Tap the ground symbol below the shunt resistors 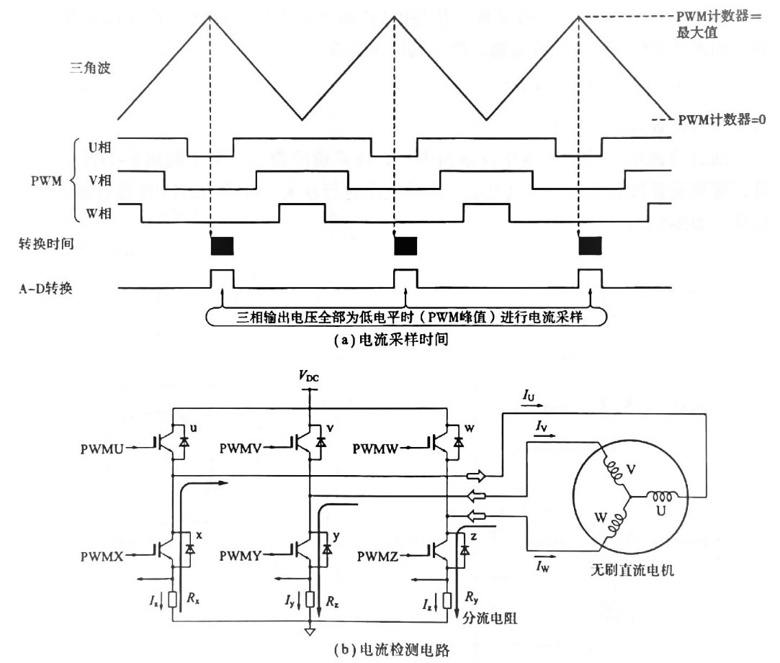[x=309, y=631]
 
